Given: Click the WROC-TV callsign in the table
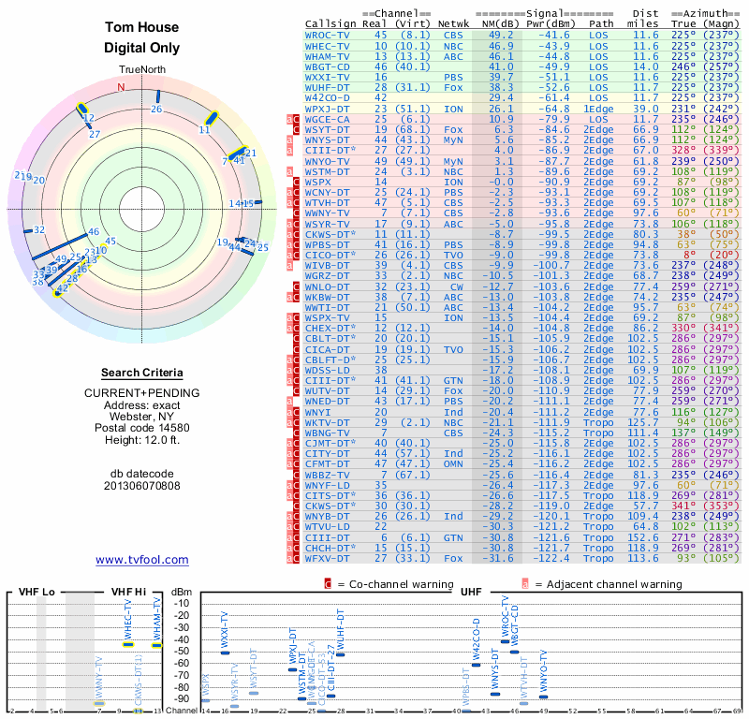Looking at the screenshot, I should click(328, 35).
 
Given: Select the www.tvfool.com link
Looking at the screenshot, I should click(141, 560).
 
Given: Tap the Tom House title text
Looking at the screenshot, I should click(141, 28).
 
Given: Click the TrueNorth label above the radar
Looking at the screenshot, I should click(141, 70).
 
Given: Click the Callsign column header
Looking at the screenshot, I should click(330, 23).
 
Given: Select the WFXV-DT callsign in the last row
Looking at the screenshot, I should click(329, 559).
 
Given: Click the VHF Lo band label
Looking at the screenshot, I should click(36, 592).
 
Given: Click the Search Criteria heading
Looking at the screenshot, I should click(142, 373).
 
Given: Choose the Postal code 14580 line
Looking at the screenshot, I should click(142, 426).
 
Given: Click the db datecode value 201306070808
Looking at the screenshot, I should click(142, 485).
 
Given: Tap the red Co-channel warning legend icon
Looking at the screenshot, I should click(329, 584).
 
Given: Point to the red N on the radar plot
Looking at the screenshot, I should click(121, 87).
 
